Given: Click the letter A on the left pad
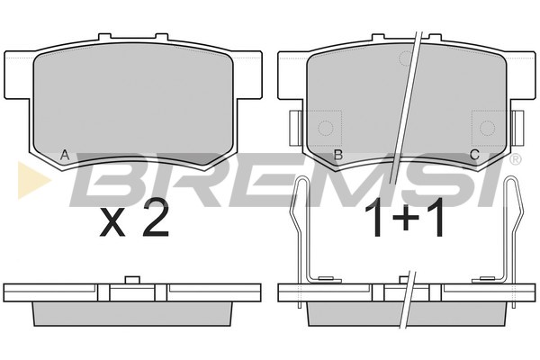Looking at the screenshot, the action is point(65,155).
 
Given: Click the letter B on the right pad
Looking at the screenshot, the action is point(338,155).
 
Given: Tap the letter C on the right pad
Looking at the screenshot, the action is point(475,155).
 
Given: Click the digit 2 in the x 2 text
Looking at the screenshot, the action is point(156,218).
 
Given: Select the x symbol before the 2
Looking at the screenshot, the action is point(112,223).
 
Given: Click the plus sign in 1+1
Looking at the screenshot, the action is point(405,218).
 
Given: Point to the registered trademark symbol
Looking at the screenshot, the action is point(516,159).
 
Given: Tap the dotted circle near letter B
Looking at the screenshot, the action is point(325,128).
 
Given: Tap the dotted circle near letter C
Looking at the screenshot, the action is point(487,128).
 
